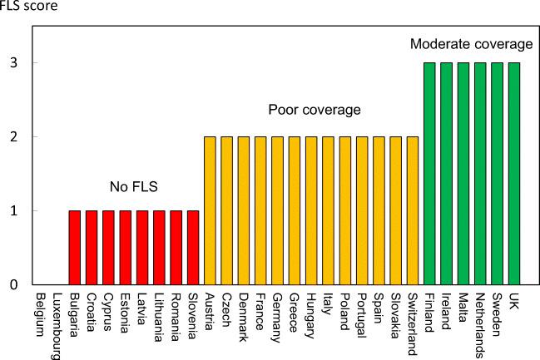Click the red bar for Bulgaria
click(74, 247)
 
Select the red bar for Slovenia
click(193, 247)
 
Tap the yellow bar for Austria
click(210, 210)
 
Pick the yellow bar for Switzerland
click(413, 210)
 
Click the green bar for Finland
click(429, 173)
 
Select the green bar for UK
click(514, 173)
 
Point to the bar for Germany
click(277, 210)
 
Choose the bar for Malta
click(463, 173)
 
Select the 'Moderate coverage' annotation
click(471, 43)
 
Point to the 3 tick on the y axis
click(14, 63)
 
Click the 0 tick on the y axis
click(14, 285)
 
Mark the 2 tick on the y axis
click(14, 137)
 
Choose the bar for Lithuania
click(159, 247)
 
